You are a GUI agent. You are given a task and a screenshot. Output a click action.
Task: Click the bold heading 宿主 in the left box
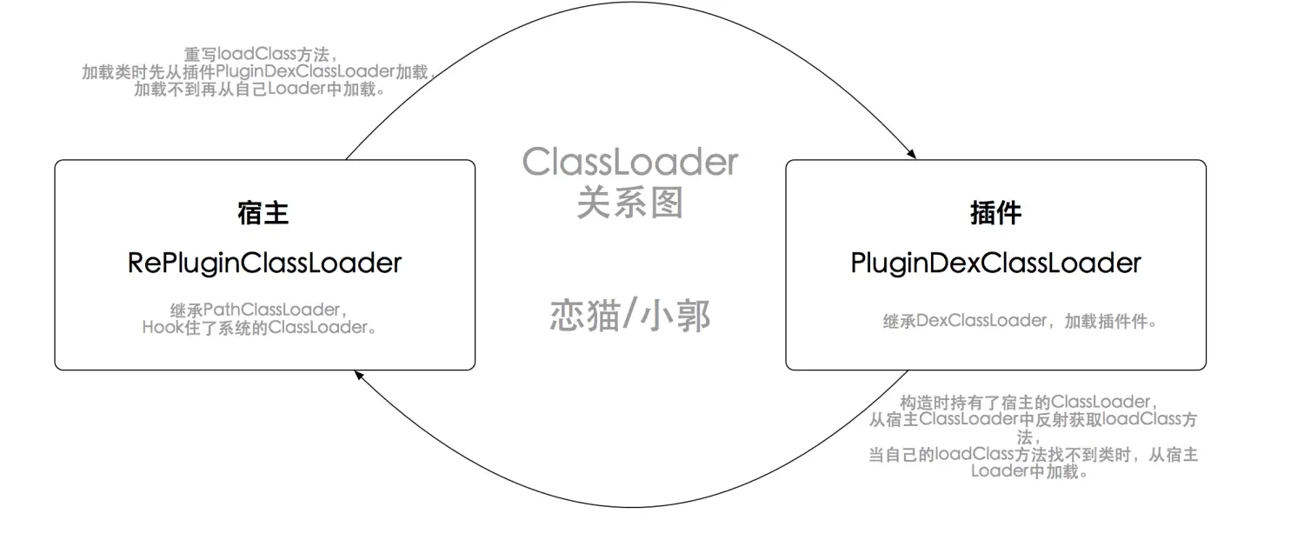263,212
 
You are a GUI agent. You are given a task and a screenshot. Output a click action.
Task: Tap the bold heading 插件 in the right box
995,212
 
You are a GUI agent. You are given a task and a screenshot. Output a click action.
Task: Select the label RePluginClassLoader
264,263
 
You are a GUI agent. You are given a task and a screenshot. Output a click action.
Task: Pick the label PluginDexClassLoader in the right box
995,263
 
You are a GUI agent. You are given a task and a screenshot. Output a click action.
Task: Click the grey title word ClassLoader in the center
630,162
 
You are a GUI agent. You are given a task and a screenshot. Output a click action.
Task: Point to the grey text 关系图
630,203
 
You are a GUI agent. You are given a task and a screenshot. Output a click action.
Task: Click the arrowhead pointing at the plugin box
912,154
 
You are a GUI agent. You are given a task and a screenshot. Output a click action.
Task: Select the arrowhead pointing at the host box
359,376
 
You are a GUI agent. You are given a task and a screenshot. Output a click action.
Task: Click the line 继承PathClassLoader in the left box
259,310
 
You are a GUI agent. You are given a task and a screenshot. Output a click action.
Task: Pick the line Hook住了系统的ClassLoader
259,327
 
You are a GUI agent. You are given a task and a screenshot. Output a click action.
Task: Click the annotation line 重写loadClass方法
260,54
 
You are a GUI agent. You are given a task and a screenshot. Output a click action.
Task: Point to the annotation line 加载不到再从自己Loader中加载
259,89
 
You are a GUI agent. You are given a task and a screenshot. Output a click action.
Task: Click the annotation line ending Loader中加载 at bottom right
1029,471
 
